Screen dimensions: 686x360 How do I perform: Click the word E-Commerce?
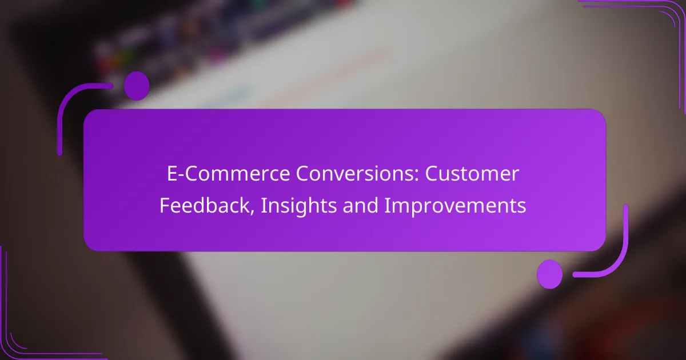click(228, 174)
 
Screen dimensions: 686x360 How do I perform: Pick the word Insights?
click(299, 205)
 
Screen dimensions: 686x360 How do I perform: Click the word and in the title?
click(361, 205)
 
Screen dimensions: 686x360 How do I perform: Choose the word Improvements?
click(456, 205)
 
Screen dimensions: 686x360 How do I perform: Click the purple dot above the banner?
click(137, 86)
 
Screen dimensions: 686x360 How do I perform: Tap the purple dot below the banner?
click(550, 274)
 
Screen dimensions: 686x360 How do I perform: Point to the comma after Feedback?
click(252, 211)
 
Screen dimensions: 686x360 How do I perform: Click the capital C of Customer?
click(432, 174)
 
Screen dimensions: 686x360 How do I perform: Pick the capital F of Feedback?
click(165, 205)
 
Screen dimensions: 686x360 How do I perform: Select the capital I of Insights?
click(264, 205)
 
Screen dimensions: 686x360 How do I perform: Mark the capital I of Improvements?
click(387, 205)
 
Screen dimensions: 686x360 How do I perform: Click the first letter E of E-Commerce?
click(172, 174)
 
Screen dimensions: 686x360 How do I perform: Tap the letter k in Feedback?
click(245, 205)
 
